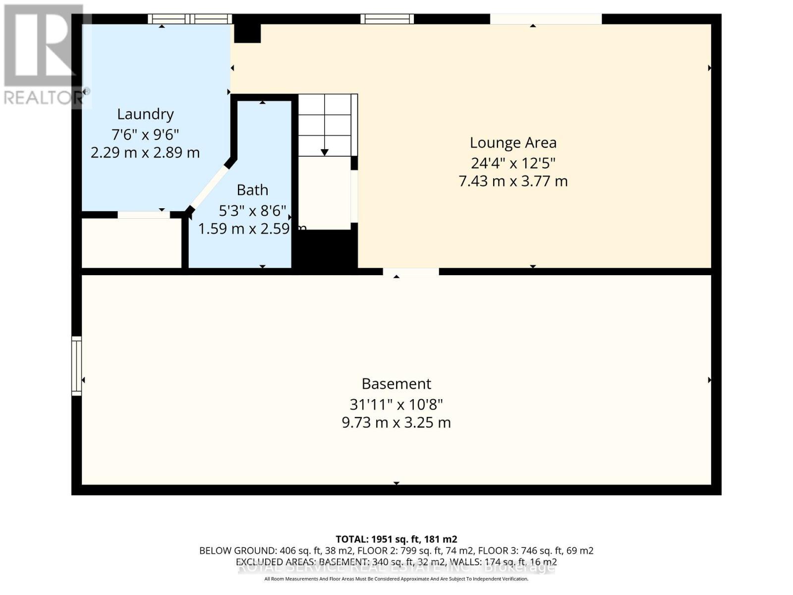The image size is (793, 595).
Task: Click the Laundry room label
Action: pyautogui.click(x=145, y=114)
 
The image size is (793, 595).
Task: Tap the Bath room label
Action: pyautogui.click(x=252, y=190)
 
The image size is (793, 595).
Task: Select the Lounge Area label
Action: pyautogui.click(x=513, y=143)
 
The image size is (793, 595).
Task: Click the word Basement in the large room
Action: pyautogui.click(x=396, y=384)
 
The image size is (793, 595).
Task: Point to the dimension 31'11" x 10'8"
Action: pyautogui.click(x=396, y=405)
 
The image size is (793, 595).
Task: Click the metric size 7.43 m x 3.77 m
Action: pyautogui.click(x=513, y=181)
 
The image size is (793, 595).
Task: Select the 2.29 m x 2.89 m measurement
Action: pyautogui.click(x=145, y=152)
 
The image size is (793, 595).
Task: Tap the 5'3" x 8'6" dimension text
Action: pyautogui.click(x=252, y=211)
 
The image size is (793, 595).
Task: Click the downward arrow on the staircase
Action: pyautogui.click(x=324, y=152)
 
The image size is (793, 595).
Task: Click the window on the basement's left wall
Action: pyautogui.click(x=76, y=366)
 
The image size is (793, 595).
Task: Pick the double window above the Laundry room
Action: pyautogui.click(x=190, y=19)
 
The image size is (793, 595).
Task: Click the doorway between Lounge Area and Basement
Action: pyautogui.click(x=410, y=272)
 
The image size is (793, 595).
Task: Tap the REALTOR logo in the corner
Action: pyautogui.click(x=42, y=55)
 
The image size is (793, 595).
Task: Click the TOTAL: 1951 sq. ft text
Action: pyautogui.click(x=396, y=539)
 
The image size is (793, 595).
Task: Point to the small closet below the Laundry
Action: pyautogui.click(x=131, y=243)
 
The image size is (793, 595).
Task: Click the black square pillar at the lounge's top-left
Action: pyautogui.click(x=247, y=33)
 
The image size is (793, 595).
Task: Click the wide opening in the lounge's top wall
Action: pyautogui.click(x=545, y=19)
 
